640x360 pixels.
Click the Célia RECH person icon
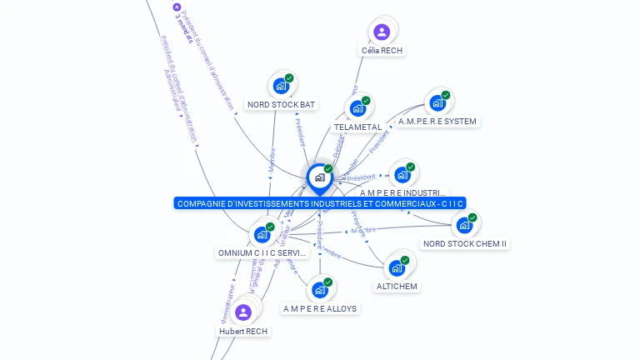[x=382, y=32]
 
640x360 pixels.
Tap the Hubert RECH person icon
[x=243, y=312]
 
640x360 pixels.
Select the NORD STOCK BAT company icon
[x=281, y=86]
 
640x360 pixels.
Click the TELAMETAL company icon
[x=357, y=108]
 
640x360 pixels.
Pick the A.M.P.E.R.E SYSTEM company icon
[x=437, y=103]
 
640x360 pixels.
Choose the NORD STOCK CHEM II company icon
[x=464, y=225]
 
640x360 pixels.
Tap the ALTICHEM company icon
[x=397, y=267]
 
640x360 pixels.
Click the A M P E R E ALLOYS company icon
[x=319, y=290]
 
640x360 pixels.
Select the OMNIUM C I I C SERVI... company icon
[x=262, y=234]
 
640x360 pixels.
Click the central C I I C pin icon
[x=319, y=177]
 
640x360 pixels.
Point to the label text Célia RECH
[x=382, y=50]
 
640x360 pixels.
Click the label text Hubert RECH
[x=243, y=331]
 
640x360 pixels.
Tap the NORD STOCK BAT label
[x=281, y=104]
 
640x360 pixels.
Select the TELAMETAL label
[x=357, y=127]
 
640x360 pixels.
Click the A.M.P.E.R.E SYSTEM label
[x=437, y=121]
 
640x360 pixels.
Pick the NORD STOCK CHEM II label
[x=465, y=243]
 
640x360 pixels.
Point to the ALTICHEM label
[x=397, y=286]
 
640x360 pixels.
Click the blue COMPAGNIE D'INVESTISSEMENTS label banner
[x=320, y=203]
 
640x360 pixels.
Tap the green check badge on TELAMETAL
[x=366, y=101]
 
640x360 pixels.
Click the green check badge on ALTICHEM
[x=405, y=260]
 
